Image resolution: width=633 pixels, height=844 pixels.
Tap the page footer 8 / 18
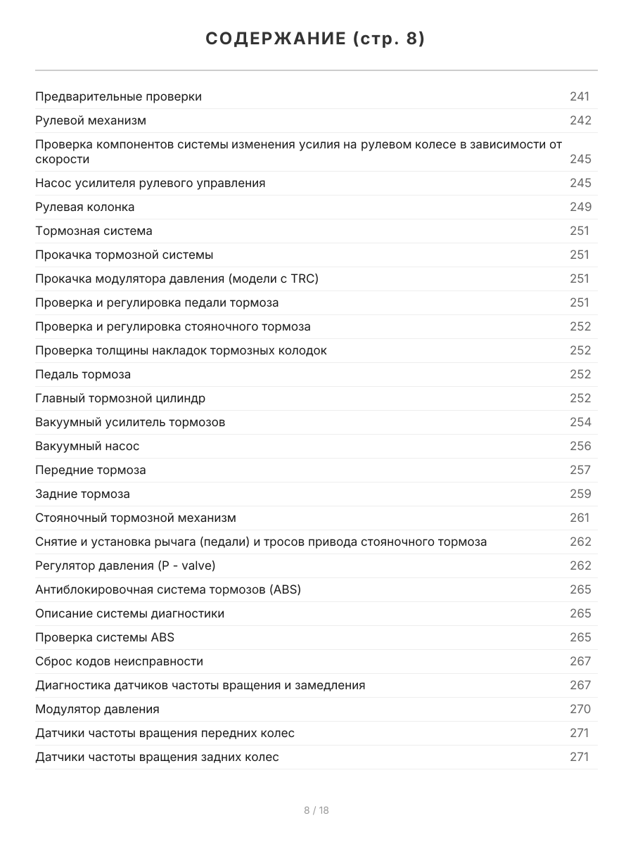pyautogui.click(x=316, y=810)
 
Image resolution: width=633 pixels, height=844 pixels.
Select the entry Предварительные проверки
pyautogui.click(x=118, y=96)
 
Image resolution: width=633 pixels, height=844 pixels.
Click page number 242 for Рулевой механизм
pyautogui.click(x=580, y=120)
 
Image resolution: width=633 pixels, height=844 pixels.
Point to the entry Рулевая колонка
pyautogui.click(x=84, y=207)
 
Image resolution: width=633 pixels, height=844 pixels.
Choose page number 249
pyautogui.click(x=580, y=207)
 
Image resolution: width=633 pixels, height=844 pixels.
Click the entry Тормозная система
pyautogui.click(x=94, y=231)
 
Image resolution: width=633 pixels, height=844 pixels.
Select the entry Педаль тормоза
pyautogui.click(x=83, y=374)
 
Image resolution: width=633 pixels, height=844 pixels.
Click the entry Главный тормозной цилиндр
pyautogui.click(x=120, y=398)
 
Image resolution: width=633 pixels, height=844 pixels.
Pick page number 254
pyautogui.click(x=580, y=422)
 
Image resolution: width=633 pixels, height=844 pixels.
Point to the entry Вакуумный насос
pyautogui.click(x=87, y=446)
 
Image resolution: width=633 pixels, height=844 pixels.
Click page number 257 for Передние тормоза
pyautogui.click(x=580, y=470)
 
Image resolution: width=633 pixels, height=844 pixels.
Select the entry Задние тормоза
pyautogui.click(x=82, y=494)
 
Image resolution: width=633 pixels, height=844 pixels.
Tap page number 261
pyautogui.click(x=580, y=518)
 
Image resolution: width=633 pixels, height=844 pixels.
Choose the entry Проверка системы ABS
pyautogui.click(x=105, y=637)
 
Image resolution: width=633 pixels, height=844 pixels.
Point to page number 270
pyautogui.click(x=580, y=709)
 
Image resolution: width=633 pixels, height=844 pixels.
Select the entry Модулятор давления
pyautogui.click(x=97, y=709)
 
